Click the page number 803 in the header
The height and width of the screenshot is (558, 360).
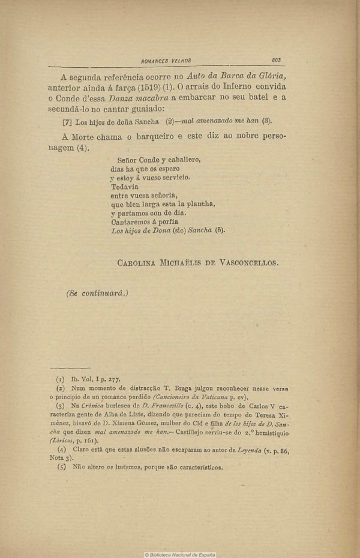coord(276,60)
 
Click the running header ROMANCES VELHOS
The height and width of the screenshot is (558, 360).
coord(165,61)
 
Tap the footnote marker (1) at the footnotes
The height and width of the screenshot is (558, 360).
coord(60,379)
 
